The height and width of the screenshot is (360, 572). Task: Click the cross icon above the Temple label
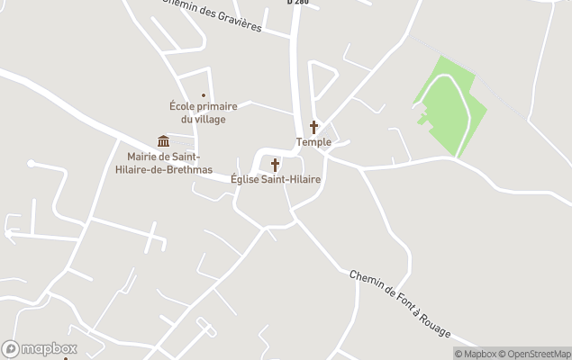[313, 127]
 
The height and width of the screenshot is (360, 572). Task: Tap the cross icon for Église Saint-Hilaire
[275, 165]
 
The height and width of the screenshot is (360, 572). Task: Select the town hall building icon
[163, 140]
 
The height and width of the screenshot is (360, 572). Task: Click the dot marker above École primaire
[204, 94]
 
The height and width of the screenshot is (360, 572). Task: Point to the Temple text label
[314, 142]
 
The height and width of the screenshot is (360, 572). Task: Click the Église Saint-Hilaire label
[276, 179]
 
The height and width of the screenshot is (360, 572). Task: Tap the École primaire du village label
[203, 112]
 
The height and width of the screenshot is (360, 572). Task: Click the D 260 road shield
[298, 3]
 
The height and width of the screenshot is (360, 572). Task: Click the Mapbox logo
[40, 348]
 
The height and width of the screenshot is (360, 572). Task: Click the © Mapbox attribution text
[476, 354]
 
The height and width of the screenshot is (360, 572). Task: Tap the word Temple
[314, 142]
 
